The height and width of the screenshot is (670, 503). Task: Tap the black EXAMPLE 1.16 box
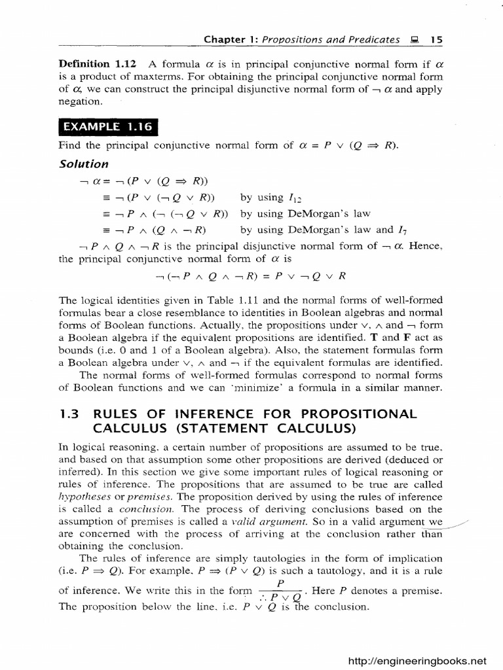point(108,127)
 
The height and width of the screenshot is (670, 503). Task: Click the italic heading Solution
point(84,164)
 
